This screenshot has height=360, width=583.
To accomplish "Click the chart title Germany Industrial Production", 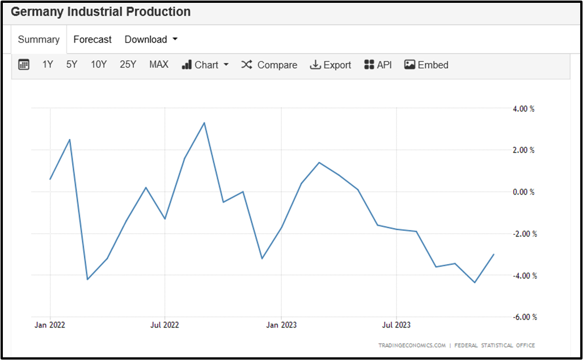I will click(x=101, y=12).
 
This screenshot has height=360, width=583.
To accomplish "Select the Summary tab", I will click(x=39, y=40).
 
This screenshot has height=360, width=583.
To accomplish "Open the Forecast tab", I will click(x=92, y=40).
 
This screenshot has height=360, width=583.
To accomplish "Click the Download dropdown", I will click(x=151, y=40).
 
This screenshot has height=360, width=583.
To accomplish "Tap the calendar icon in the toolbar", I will click(x=24, y=65).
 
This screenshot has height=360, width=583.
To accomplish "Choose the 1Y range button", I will click(x=48, y=65).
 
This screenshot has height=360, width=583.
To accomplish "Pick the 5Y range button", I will click(x=71, y=65).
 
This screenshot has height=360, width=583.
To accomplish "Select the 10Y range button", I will click(x=99, y=65).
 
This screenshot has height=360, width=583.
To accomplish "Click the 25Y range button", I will click(x=128, y=65).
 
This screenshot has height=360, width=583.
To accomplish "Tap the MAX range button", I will click(x=159, y=65).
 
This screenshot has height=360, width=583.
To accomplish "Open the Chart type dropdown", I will click(x=205, y=65).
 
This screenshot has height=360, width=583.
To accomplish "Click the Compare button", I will click(x=269, y=65).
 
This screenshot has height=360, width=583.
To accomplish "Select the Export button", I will click(x=331, y=65).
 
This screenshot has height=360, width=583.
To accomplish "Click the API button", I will click(x=378, y=65).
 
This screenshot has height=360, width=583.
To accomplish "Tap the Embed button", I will click(x=426, y=65).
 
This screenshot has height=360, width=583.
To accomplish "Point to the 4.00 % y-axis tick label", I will click(x=523, y=108).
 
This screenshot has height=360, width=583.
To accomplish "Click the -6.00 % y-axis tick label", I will click(x=522, y=317).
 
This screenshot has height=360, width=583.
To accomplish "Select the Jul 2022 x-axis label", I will click(x=164, y=325).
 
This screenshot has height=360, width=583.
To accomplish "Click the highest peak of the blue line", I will click(x=204, y=122).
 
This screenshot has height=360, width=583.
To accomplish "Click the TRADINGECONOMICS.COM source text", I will click(x=412, y=345).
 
